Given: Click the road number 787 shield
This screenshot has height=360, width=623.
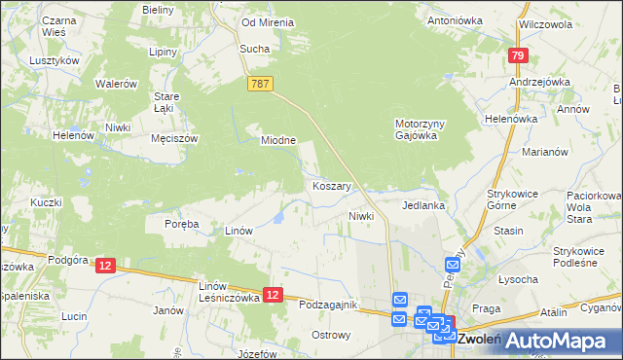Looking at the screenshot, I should pos(260,85).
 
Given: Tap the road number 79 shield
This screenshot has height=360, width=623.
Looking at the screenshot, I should pos(517,56).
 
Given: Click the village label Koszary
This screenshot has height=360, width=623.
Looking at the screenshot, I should pos(332,185).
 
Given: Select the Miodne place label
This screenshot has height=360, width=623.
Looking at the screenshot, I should pos(278,140).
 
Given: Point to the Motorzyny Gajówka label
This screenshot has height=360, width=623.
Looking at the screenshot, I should pos(420,129).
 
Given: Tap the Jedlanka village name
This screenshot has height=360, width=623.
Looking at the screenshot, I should pos(423,206).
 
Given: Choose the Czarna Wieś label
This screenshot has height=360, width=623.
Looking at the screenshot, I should pos(40,25).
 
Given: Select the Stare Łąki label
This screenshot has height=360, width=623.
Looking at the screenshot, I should pos(168,102).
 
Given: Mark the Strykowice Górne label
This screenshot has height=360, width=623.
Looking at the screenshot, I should pos(513,200).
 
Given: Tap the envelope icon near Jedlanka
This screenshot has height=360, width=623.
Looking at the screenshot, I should pos(454,264).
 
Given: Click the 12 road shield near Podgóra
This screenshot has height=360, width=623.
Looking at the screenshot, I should pos(106,266).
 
